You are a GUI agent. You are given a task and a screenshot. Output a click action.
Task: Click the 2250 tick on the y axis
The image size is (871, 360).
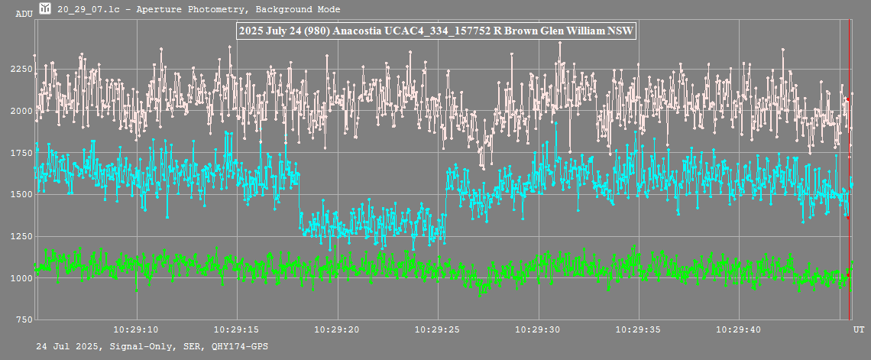point(22,70)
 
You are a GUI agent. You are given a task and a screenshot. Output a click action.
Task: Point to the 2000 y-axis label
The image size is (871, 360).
point(22,111)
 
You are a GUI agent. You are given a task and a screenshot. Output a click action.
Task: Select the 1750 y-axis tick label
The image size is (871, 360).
point(22,153)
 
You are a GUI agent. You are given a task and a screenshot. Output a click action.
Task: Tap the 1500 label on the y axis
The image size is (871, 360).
point(22,194)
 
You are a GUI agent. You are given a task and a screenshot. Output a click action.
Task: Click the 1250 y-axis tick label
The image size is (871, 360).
point(22,236)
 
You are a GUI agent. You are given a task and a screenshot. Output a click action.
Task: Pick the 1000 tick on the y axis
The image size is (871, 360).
point(22,277)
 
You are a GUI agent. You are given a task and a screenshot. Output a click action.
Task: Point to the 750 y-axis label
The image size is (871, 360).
point(24,319)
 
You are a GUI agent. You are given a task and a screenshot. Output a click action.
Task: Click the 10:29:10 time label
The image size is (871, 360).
point(136,329)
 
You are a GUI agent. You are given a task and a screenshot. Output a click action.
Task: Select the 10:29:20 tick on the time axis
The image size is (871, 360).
point(337,329)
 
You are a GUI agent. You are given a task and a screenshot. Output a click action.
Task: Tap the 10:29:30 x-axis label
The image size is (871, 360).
point(539,329)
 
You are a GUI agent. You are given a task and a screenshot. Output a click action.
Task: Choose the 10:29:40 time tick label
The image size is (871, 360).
point(740,329)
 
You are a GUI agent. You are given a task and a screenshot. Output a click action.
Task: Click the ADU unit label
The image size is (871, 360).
point(24,14)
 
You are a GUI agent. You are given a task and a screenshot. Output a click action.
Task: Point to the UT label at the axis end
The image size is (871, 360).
point(859,329)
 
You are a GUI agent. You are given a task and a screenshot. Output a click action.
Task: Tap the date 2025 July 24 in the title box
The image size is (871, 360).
point(271,31)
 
